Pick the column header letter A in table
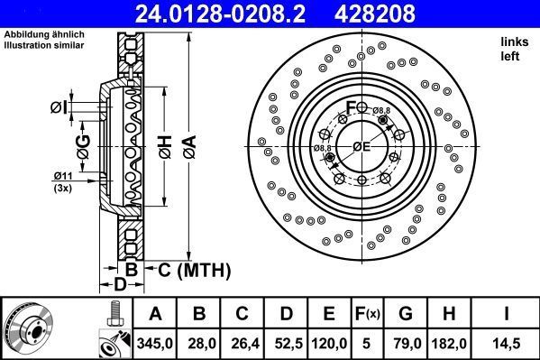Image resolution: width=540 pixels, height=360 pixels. pos(155,314)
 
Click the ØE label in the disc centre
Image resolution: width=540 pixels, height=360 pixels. pos(361,146)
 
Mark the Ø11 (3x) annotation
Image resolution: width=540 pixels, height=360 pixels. pos(63,180)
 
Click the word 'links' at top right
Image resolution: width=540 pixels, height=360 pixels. pos(514,42)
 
